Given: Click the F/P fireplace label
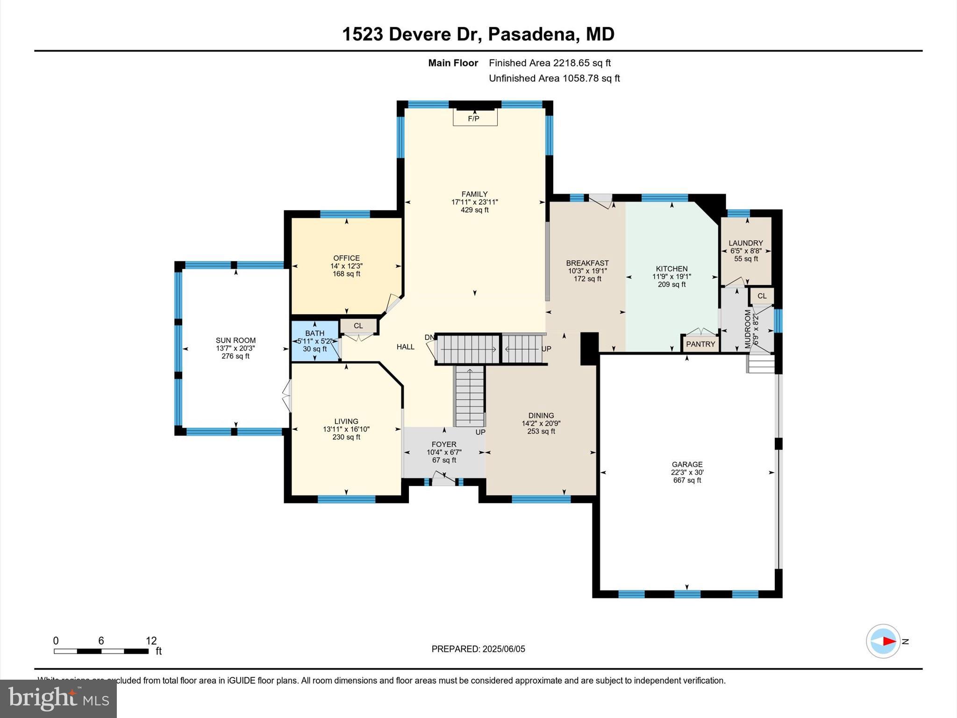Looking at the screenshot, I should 474,119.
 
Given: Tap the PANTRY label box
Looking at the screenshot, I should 700,344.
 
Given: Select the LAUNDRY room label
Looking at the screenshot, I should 745,243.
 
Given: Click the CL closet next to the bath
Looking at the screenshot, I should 358,326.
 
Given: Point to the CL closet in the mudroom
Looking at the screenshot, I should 762,296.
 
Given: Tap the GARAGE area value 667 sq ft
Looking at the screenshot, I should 687,480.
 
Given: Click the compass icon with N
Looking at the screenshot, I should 883,641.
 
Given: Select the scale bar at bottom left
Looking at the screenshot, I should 101,651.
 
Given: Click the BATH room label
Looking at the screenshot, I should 314,333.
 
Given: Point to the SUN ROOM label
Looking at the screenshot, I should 236,340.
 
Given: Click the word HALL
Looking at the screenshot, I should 405,347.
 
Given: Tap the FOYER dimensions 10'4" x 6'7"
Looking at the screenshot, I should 444,452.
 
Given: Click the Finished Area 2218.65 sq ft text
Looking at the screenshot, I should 550,63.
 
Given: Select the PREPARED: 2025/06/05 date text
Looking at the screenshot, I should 478,649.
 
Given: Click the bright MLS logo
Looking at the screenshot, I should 58,699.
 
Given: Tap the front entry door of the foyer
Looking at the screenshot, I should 443,480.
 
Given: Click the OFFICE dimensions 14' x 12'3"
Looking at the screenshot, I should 346,266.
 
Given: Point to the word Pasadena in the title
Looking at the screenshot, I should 532,34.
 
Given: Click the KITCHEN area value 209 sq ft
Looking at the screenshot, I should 671,284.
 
